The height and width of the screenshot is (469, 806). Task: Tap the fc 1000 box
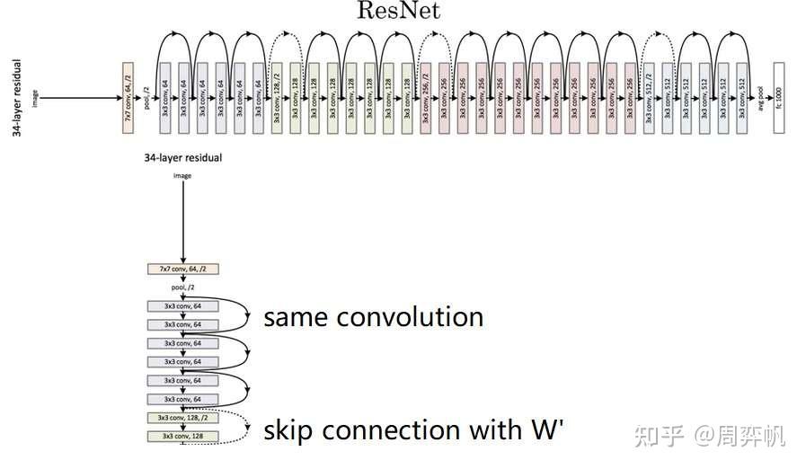[x=778, y=99]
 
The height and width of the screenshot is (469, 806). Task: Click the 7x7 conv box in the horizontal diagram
[x=128, y=99]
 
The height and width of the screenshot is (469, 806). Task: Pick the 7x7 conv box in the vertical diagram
[x=182, y=269]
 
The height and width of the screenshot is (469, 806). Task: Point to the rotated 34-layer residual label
[x=17, y=99]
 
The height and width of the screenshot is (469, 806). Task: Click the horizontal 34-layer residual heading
[x=182, y=157]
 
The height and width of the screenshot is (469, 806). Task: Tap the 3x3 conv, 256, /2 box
[x=426, y=99]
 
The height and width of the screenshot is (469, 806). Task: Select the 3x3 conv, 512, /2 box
[x=650, y=99]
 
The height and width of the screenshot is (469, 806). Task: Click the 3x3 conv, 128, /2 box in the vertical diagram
[x=182, y=418]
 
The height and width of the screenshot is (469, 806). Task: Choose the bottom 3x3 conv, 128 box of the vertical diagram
[x=182, y=437]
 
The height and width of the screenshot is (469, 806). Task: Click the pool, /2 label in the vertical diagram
[x=182, y=288]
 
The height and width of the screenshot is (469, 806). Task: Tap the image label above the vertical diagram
[x=182, y=176]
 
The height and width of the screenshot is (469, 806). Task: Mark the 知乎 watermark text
[x=657, y=436]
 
